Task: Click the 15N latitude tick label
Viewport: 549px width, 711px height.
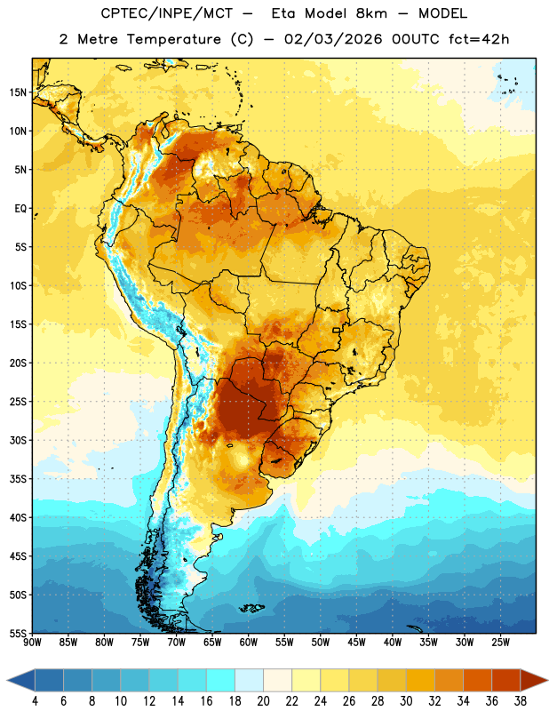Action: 18,92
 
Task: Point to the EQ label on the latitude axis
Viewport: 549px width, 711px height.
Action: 20,209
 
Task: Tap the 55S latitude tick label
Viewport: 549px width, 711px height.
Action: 18,633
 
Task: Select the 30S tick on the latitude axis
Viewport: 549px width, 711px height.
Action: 18,440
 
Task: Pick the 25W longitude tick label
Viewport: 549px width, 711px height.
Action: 500,643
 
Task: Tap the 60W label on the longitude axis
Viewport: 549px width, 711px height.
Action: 249,643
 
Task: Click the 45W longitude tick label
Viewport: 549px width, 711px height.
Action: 356,643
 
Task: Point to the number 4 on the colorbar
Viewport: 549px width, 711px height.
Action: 35,701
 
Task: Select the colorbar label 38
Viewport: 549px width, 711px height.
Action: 520,701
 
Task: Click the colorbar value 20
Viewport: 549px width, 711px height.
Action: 263,701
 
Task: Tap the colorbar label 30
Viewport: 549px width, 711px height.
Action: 406,701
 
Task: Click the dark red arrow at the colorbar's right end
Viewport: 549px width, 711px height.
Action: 534,680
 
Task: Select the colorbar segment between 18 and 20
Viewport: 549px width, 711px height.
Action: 249,680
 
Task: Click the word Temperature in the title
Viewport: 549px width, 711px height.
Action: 173,39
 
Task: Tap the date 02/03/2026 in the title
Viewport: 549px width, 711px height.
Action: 333,39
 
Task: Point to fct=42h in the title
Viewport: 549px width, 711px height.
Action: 479,39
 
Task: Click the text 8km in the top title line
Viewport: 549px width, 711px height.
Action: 371,13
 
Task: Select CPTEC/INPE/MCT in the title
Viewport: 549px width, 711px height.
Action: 166,13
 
